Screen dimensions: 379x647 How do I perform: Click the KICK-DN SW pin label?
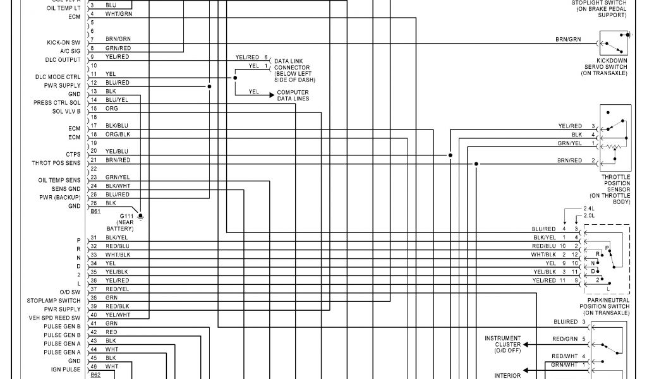tap(63, 42)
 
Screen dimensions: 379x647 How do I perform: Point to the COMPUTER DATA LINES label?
tap(293, 95)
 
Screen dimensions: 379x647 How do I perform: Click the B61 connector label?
tap(95, 211)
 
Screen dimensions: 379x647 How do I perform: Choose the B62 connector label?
tap(95, 375)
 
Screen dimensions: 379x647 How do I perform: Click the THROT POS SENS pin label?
tap(56, 163)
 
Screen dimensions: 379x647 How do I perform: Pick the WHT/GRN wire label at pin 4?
tap(119, 13)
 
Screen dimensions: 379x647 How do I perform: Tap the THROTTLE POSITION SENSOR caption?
tap(615, 189)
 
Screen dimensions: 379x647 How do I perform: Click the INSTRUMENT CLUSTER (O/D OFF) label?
tap(503, 344)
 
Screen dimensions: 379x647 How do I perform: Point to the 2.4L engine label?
tap(588, 208)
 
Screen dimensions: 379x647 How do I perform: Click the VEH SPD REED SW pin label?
tap(54, 318)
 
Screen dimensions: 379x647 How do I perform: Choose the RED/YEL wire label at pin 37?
tap(117, 289)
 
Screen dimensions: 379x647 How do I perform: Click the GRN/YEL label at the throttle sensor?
tap(569, 143)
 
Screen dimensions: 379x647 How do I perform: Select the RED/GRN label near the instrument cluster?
tap(565, 339)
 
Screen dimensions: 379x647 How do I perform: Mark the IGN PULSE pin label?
tap(66, 370)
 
